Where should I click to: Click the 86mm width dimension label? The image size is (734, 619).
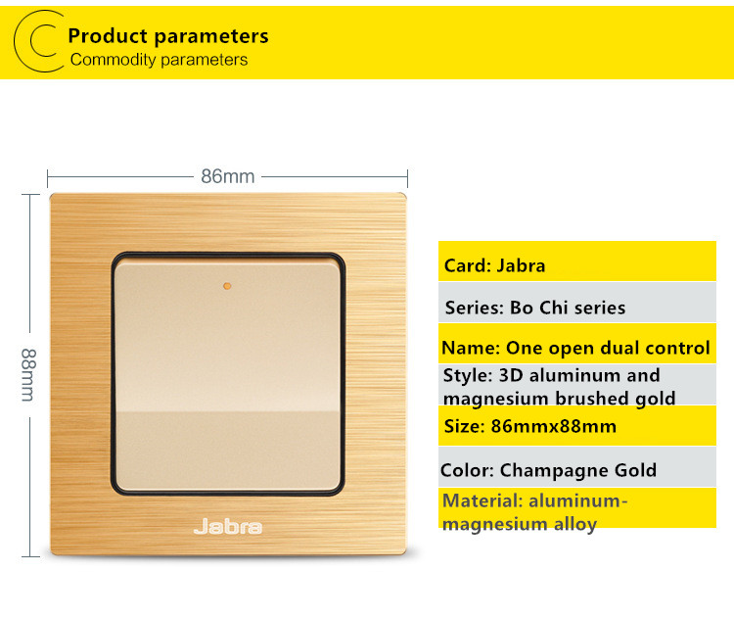tap(228, 176)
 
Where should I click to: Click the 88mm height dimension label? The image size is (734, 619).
tap(28, 375)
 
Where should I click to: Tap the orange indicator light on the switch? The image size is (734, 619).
tap(227, 286)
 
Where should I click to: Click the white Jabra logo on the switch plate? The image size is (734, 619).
tap(228, 527)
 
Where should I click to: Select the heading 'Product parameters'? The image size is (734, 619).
tap(168, 36)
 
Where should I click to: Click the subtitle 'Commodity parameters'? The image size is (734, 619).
tap(160, 60)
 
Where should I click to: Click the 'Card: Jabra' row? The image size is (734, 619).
tap(577, 261)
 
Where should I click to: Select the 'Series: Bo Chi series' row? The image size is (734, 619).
tap(577, 303)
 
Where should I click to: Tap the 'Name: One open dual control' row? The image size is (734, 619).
tap(577, 344)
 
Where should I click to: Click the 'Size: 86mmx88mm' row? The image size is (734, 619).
tap(577, 425)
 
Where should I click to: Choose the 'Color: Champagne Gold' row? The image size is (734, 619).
tap(577, 467)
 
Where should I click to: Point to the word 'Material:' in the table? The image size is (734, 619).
tap(482, 500)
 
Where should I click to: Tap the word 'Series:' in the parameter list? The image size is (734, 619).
tap(475, 308)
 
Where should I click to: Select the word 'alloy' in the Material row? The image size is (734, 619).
tap(575, 524)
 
